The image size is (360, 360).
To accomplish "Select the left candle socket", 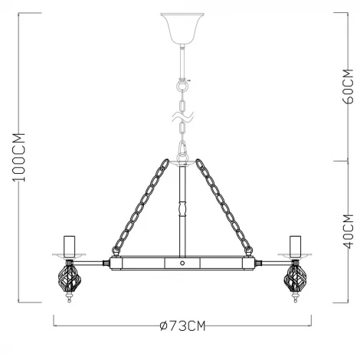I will pos(70,244).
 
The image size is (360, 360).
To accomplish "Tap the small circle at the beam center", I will pos(182,263).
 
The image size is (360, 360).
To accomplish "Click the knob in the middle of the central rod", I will pos(182,208).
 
